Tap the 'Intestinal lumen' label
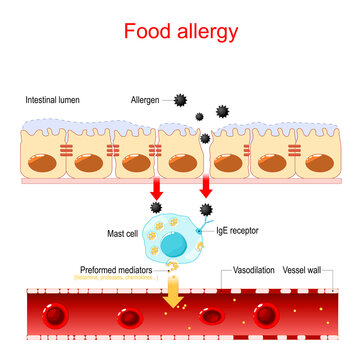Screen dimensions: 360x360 (55, 101)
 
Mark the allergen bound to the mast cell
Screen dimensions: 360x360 (207, 208)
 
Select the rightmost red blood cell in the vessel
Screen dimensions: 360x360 (266, 317)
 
